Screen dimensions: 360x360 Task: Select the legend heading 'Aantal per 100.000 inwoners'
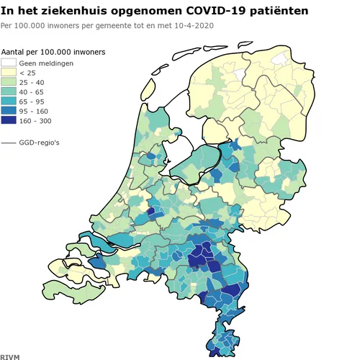click(x=53, y=53)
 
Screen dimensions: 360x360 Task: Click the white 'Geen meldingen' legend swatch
click(x=9, y=63)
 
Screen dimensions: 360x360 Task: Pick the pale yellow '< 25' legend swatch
click(x=9, y=73)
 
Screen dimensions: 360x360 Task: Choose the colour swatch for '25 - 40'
click(x=9, y=83)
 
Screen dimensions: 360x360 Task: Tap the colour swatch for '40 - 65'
click(x=9, y=92)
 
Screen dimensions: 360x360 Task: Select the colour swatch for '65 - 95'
click(x=9, y=102)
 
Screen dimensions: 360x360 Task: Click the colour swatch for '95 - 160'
click(x=9, y=112)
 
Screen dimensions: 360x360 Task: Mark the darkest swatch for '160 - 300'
click(x=9, y=122)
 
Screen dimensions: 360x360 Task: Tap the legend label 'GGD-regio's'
click(x=39, y=143)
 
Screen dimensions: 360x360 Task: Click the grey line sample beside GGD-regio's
click(x=9, y=143)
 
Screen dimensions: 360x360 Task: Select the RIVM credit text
click(x=10, y=356)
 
